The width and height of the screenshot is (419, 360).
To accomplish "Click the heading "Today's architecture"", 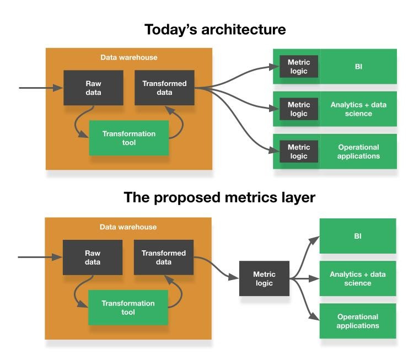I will pos(215,29).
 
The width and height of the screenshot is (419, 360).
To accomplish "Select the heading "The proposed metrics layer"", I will pos(219,197).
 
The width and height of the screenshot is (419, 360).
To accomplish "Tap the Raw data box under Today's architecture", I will pos(93,88).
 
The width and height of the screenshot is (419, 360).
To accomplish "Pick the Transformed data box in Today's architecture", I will pos(164,88).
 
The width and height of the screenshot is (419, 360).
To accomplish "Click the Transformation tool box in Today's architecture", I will pos(129,138).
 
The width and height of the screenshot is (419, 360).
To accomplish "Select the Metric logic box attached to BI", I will pos(299,67).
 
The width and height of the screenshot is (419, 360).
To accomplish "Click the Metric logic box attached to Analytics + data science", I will pos(299,109).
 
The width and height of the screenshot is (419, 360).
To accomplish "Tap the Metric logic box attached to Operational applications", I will pos(299,152).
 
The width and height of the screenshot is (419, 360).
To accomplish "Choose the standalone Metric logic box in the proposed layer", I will pos(264,278).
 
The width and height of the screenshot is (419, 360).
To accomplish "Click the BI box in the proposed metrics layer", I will pos(358,236).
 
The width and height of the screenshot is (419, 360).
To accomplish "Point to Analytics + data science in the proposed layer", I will pos(358,278).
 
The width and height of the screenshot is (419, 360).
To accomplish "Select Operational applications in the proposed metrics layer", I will pos(358,321).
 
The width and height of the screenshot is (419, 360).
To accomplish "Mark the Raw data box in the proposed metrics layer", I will pos(93,257).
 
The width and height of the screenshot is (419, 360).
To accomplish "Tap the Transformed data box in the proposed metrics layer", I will pos(164,257).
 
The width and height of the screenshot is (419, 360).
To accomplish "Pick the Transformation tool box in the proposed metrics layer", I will pos(128,308).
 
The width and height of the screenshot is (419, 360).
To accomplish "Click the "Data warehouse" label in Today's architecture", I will pos(128,57).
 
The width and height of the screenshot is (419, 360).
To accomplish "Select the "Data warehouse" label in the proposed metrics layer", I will pos(128,227).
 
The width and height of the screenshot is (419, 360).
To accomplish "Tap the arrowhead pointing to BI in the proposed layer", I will pos(315,239).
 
